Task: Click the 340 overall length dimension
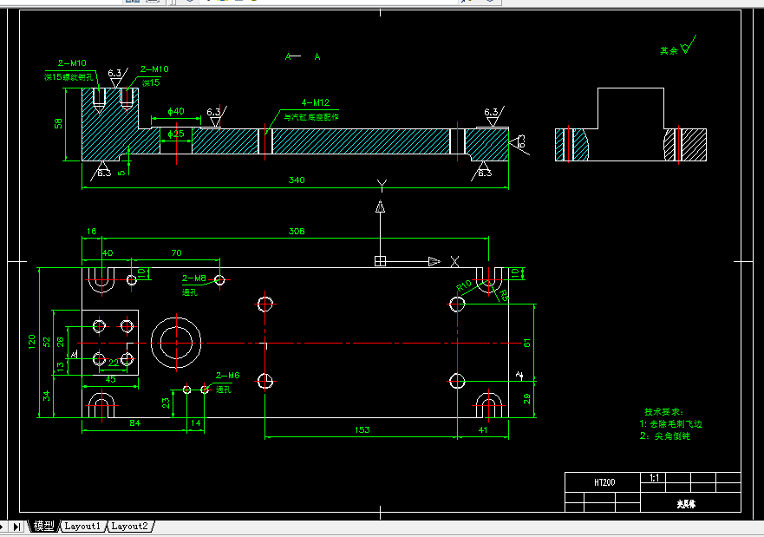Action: point(297,180)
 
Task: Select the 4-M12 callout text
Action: point(315,102)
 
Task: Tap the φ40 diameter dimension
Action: point(175,111)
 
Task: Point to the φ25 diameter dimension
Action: point(176,134)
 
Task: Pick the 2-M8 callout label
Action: point(193,278)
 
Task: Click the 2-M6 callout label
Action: point(226,375)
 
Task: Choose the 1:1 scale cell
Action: point(654,478)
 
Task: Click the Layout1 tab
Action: point(82,526)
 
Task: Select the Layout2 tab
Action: point(130,526)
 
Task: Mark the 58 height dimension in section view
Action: point(59,123)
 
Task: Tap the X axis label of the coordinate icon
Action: point(455,261)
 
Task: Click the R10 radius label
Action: point(464,285)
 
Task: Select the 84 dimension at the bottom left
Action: point(134,423)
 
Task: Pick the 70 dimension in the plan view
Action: point(176,253)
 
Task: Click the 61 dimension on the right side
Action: point(528,342)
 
